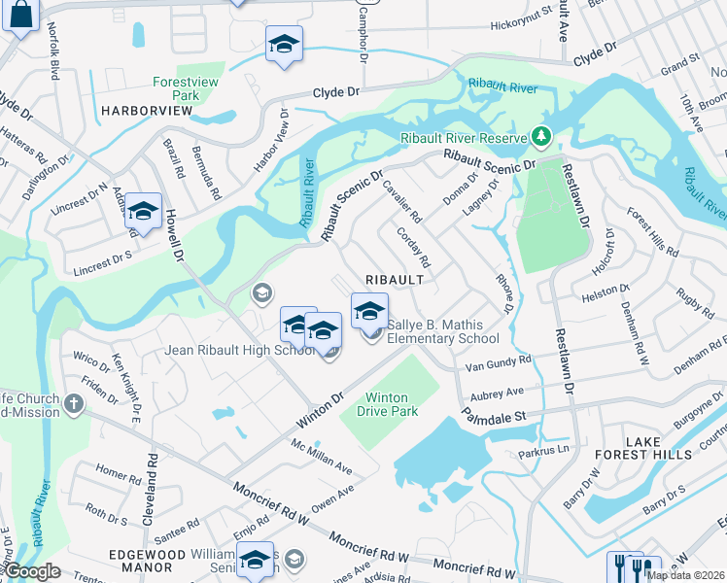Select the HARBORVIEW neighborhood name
coord(147,112)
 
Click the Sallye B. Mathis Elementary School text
coord(442,331)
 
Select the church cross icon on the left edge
coord(74,401)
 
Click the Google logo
coord(31,571)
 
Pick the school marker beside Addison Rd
coord(143,213)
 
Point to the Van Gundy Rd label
coord(499,362)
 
